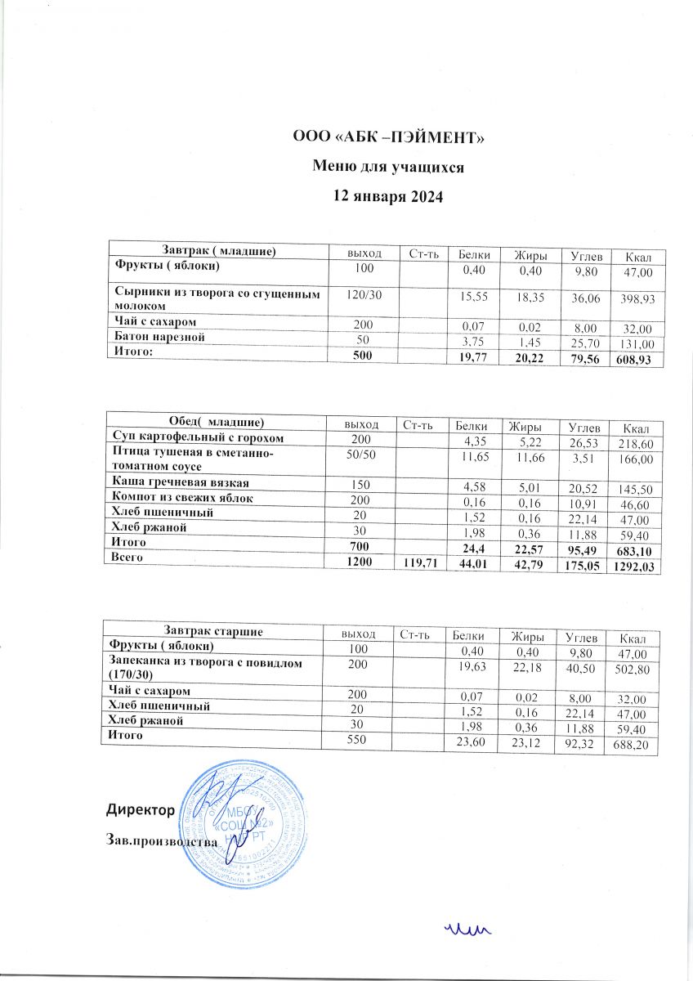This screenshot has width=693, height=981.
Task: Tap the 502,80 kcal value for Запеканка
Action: tap(634, 670)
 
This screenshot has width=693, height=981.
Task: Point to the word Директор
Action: tap(140, 810)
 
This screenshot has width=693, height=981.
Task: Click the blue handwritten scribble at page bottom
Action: tap(466, 927)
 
